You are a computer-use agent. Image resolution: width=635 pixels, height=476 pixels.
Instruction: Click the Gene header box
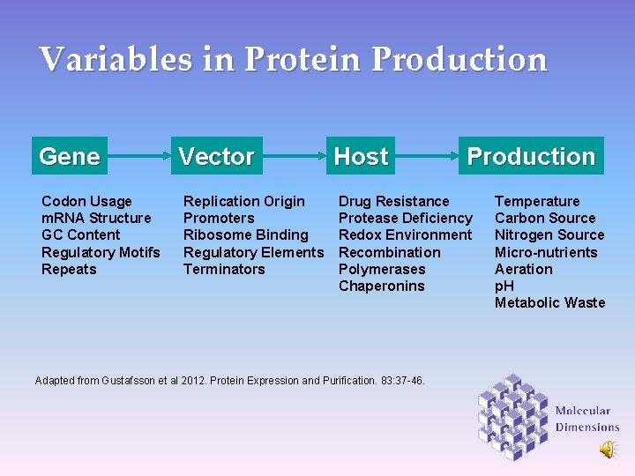70,156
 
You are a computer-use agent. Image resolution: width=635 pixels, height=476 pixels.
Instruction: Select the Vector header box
216,156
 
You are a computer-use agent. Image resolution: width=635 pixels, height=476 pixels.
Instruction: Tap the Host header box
361,156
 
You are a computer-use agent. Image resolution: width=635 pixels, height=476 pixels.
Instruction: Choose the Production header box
531,156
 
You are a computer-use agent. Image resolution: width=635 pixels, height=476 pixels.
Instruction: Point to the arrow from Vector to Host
290,156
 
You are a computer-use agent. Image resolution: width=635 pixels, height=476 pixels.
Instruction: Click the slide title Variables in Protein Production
293,60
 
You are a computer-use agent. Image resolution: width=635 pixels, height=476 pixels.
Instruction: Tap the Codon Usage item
86,201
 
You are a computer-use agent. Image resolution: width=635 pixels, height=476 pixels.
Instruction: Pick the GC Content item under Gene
81,234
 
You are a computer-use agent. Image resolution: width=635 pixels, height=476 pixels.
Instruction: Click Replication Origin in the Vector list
243,201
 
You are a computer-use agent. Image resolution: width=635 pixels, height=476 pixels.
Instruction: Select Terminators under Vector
224,269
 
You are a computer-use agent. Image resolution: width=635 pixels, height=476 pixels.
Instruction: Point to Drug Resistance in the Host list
393,201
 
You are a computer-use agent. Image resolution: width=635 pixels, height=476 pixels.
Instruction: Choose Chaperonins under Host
381,286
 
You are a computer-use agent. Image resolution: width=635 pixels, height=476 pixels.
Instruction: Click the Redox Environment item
405,234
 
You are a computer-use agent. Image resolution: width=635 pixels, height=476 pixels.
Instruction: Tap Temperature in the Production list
537,201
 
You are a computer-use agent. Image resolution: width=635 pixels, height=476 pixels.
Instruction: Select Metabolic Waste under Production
549,302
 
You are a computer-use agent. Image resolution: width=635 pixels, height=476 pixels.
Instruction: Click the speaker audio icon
608,450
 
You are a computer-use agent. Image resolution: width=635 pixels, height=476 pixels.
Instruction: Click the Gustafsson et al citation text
229,381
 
